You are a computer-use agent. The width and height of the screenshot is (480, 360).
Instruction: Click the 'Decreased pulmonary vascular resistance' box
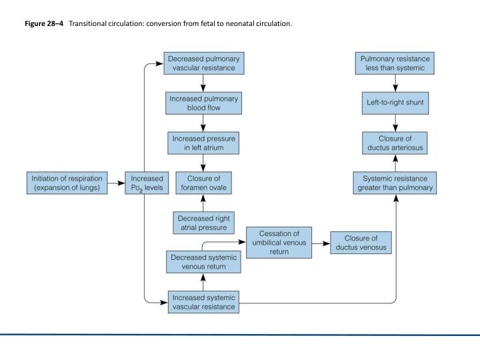pyautogui.click(x=204, y=63)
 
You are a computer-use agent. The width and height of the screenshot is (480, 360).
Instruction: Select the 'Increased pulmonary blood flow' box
pyautogui.click(x=203, y=103)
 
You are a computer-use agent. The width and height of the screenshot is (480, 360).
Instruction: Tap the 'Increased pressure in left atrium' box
pyautogui.click(x=203, y=143)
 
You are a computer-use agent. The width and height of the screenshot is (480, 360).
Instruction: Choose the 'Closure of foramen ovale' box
pyautogui.click(x=203, y=183)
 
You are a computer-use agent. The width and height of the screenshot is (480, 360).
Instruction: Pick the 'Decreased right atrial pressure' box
pyautogui.click(x=203, y=223)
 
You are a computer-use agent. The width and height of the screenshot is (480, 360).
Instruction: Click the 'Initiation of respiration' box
pyautogui.click(x=67, y=183)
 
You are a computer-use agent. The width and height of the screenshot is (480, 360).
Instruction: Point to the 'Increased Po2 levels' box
pyautogui.click(x=147, y=183)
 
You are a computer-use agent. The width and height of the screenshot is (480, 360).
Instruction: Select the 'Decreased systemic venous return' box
pyautogui.click(x=203, y=262)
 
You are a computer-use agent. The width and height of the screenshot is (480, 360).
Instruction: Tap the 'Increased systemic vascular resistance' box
pyautogui.click(x=203, y=302)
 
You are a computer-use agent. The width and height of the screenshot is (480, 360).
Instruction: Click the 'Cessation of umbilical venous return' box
pyautogui.click(x=279, y=243)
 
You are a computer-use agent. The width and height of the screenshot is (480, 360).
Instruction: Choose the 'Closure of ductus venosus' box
pyautogui.click(x=361, y=243)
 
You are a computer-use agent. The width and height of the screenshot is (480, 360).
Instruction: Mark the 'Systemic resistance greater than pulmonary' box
pyautogui.click(x=395, y=183)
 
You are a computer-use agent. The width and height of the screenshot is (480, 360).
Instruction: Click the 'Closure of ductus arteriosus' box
pyautogui.click(x=395, y=143)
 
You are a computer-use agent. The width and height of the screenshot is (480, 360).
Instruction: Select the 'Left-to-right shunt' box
pyautogui.click(x=395, y=103)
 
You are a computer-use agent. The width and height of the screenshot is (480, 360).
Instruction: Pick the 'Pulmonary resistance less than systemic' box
pyautogui.click(x=395, y=63)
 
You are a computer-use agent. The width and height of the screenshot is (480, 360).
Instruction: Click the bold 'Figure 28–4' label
pyautogui.click(x=44, y=23)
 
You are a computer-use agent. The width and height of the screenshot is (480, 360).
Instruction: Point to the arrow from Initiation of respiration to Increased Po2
pyautogui.click(x=116, y=183)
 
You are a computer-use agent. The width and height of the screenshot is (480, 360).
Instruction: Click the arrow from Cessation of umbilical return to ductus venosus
pyautogui.click(x=321, y=244)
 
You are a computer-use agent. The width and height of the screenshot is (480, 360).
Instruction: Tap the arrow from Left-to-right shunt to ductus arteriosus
pyautogui.click(x=395, y=123)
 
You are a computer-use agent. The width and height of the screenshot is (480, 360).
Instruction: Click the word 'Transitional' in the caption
pyautogui.click(x=88, y=23)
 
